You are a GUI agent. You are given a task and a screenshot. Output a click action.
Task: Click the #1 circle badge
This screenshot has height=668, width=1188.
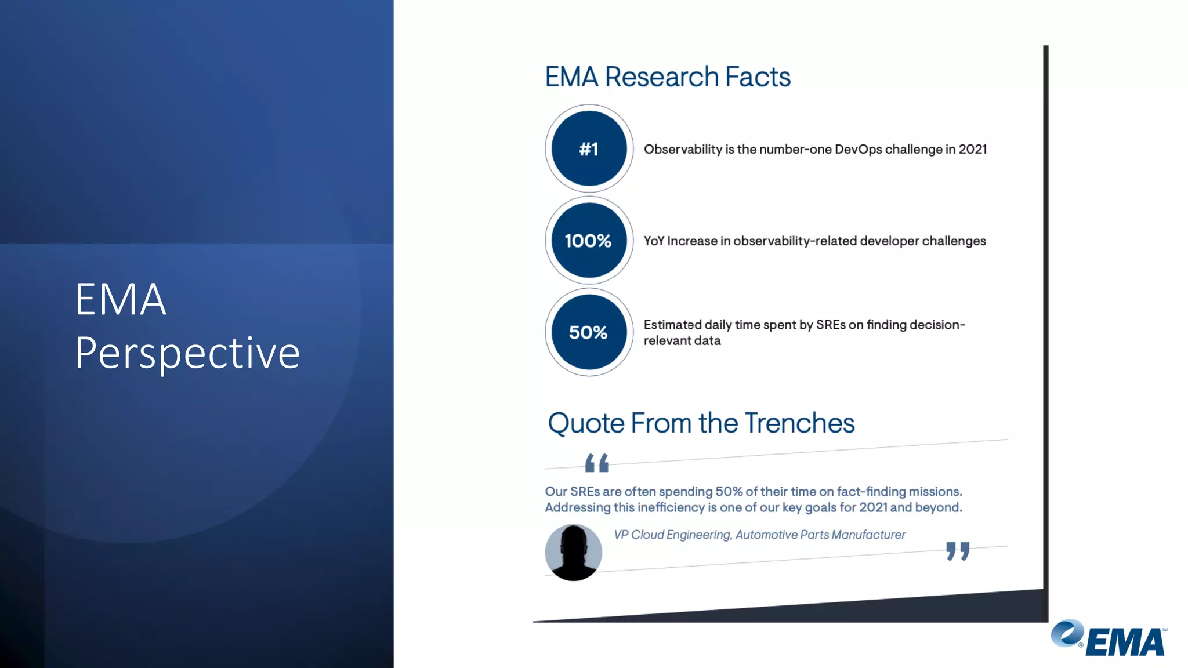pos(589,148)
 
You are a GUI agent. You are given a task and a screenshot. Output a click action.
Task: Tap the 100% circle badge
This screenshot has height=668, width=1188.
pos(589,240)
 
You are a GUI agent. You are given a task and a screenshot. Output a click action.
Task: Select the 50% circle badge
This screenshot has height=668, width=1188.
pos(589,332)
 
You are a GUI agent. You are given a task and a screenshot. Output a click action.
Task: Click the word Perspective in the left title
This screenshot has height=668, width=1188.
pos(187,353)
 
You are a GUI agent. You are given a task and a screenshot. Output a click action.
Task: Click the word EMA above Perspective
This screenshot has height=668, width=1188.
pos(121,300)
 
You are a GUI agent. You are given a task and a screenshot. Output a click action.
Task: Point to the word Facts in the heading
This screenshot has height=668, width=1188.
pos(758,77)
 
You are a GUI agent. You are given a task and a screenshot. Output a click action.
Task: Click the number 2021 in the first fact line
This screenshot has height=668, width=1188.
pos(972,149)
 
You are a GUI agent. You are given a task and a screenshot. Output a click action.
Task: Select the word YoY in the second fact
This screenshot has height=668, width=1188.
pos(654,241)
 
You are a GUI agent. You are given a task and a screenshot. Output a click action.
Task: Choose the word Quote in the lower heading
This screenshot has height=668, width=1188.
pos(586,423)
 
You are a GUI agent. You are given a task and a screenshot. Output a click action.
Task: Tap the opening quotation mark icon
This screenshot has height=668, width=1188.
pos(596,463)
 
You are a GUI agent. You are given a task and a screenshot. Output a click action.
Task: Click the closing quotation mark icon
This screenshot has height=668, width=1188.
pos(958,551)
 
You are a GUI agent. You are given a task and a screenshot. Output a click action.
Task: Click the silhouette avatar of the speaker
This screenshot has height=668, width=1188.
pos(573,552)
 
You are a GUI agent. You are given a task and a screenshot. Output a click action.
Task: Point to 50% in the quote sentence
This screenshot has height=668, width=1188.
pos(729,492)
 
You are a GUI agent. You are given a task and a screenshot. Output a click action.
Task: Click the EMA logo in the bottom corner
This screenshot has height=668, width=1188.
pos(1109,638)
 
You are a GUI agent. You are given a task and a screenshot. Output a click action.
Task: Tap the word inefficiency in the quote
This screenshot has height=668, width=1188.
pos(671,508)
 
